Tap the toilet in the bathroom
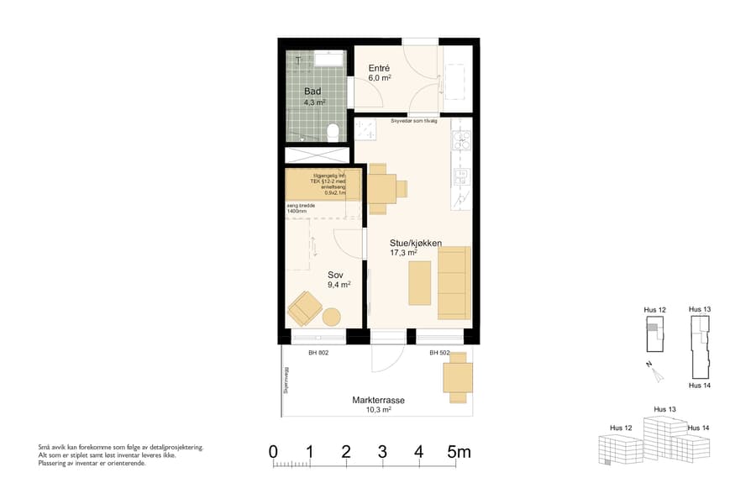333,131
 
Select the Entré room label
380,67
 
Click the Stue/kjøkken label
415,242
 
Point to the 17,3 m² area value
403,252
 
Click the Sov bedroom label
336,274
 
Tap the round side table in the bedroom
333,318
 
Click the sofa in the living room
454,282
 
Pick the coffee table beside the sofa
420,283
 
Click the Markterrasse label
378,401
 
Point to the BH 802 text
318,353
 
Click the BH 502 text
440,353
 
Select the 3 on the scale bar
382,453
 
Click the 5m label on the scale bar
459,453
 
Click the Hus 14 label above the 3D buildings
698,428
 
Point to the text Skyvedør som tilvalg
414,121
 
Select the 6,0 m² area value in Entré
381,77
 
